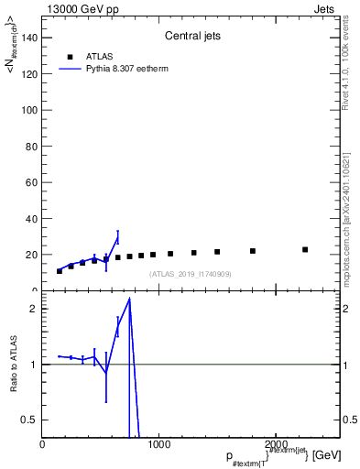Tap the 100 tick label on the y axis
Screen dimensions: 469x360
click(x=29, y=109)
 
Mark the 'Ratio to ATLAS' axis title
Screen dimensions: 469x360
click(x=14, y=365)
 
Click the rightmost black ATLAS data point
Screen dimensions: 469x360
click(x=305, y=249)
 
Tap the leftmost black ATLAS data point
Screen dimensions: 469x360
click(x=60, y=271)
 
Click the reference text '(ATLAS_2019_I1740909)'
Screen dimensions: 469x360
click(x=191, y=274)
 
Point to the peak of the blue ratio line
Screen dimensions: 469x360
click(x=130, y=300)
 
